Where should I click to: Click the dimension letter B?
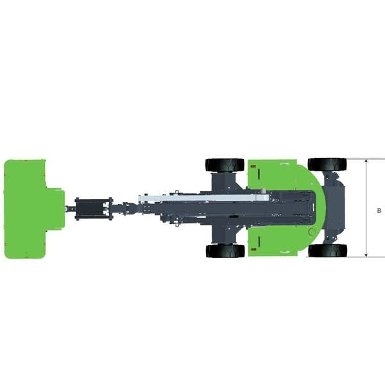[379, 210]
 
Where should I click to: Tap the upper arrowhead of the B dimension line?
[366, 161]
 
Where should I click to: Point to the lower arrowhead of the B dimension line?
[366, 255]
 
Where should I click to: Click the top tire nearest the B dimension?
[327, 164]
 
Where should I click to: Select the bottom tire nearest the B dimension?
[327, 251]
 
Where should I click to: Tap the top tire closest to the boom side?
[225, 165]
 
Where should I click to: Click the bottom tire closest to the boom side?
[225, 251]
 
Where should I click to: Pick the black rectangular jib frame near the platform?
[94, 208]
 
